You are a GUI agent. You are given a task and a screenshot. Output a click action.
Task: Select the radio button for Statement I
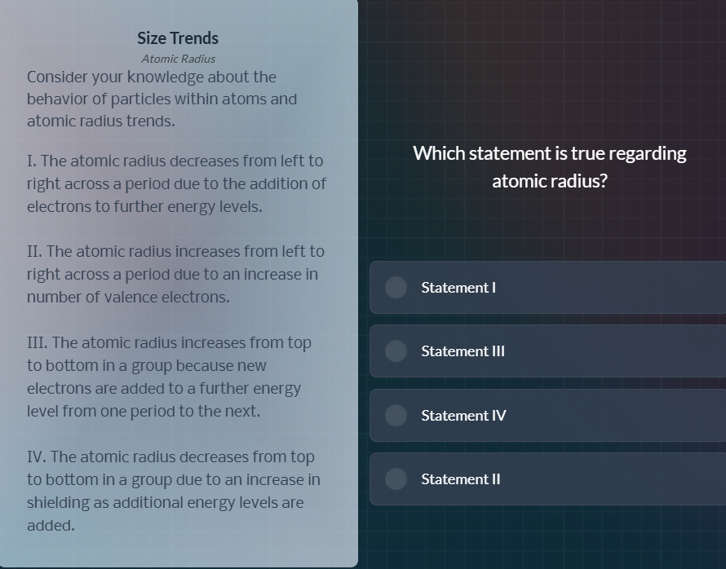396,287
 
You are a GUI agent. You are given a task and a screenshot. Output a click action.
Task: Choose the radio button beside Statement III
396,351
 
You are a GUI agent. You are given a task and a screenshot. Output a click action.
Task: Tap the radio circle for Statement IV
396,415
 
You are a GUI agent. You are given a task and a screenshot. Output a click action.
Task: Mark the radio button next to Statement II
396,479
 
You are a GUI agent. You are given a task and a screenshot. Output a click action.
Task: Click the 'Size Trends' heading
178,38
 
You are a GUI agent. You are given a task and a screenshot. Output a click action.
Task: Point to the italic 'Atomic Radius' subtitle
178,59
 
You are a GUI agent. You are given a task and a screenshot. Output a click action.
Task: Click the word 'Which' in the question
438,153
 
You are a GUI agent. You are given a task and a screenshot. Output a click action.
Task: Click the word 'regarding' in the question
649,153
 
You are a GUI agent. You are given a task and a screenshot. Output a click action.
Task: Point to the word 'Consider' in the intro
58,77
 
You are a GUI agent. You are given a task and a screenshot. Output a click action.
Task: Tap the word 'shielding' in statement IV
60,503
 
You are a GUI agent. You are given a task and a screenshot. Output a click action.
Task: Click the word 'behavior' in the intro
58,99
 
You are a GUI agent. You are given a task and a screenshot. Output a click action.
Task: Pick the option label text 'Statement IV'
463,416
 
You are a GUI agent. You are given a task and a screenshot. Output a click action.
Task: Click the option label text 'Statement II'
461,479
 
